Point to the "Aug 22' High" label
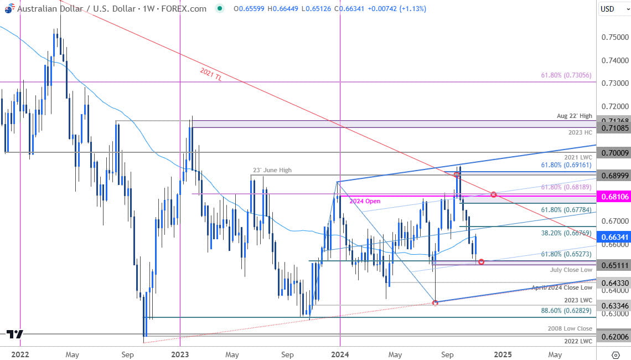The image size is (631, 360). pyautogui.click(x=576, y=116)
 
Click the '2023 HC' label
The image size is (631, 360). pyautogui.click(x=581, y=133)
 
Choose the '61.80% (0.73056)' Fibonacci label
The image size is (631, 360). pyautogui.click(x=567, y=75)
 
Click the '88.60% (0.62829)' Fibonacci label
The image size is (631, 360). pyautogui.click(x=567, y=311)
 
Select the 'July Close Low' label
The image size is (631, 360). pyautogui.click(x=571, y=270)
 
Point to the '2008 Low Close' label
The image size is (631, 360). pyautogui.click(x=570, y=329)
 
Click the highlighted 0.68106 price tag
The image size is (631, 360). pyautogui.click(x=614, y=197)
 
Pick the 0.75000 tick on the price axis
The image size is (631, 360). pyautogui.click(x=614, y=37)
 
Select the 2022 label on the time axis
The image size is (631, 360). pyautogui.click(x=19, y=354)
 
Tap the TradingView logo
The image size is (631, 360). pyautogui.click(x=15, y=334)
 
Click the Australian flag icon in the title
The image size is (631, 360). pyautogui.click(x=8, y=9)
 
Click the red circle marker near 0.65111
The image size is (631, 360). pyautogui.click(x=481, y=261)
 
